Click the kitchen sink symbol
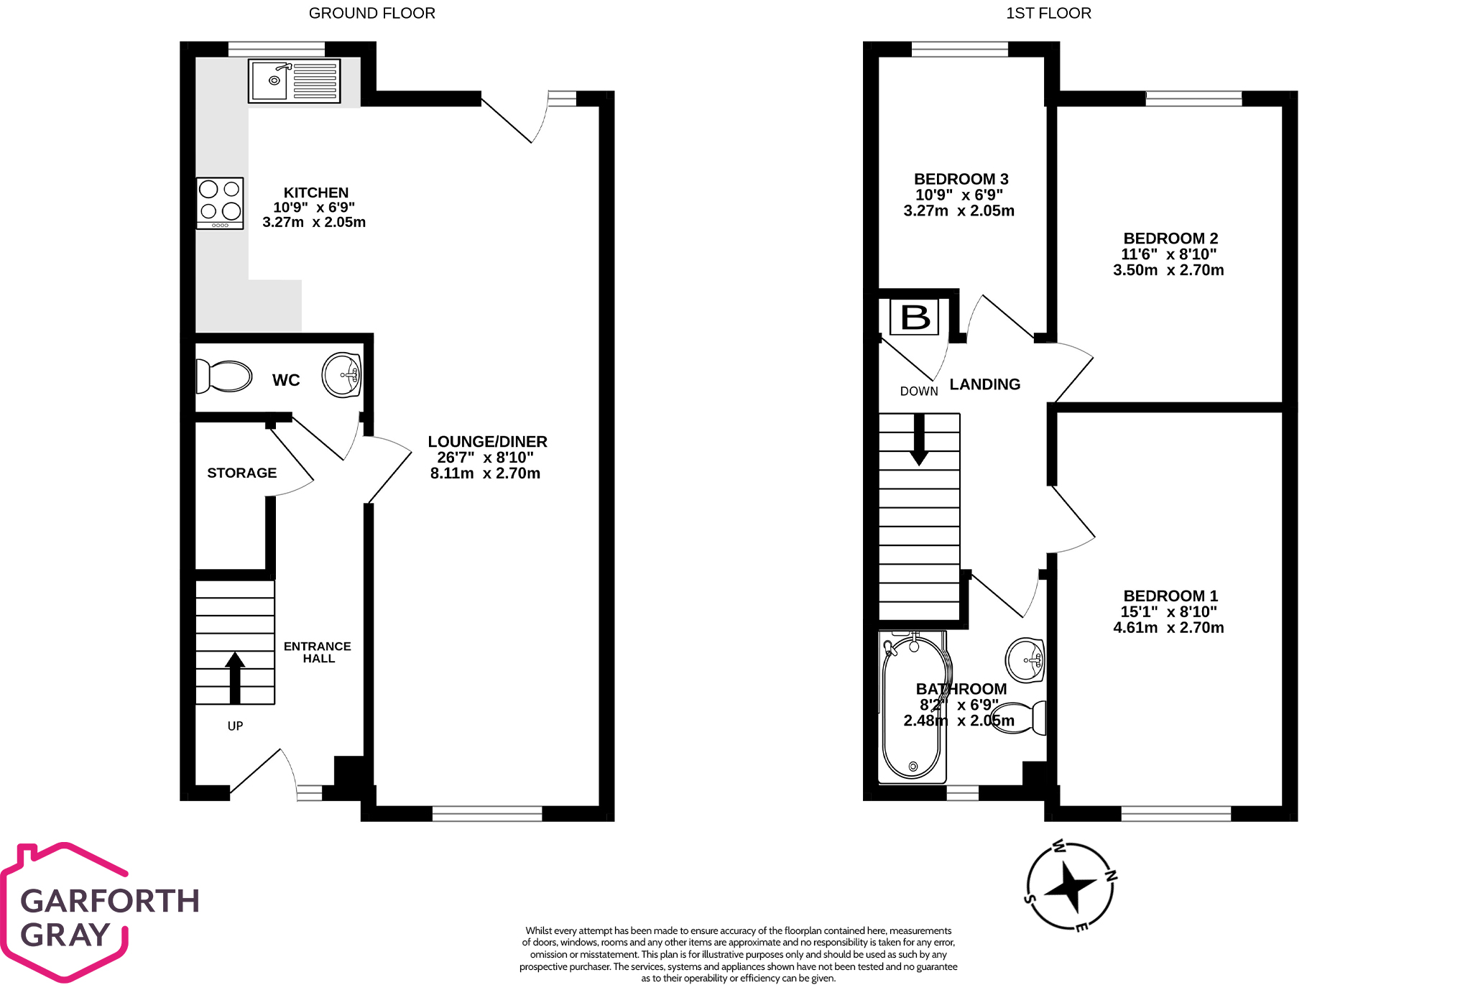point(294,81)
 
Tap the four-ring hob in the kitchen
point(220,203)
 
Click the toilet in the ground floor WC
point(224,376)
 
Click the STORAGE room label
point(241,473)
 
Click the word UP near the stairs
point(235,726)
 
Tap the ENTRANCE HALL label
point(318,652)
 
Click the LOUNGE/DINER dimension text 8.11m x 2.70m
point(485,473)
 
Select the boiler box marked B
point(915,317)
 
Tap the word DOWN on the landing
point(919,392)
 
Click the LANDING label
point(984,384)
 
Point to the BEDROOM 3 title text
point(961,179)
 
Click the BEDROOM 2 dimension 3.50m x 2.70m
point(1168,270)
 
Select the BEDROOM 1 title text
point(1170,596)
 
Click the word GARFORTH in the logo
point(110,901)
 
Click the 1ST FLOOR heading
point(1048,13)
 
